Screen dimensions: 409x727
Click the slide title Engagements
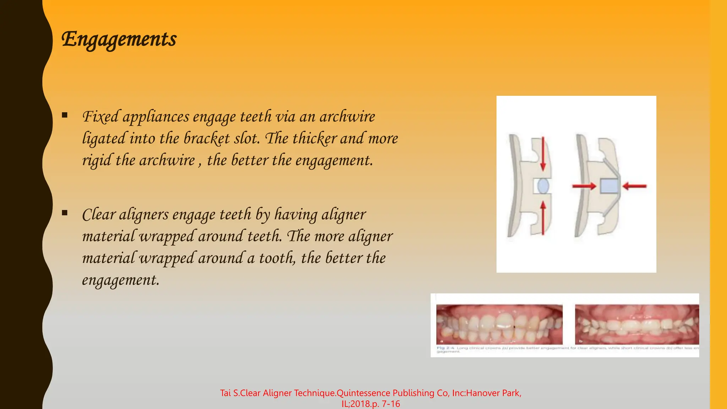119,39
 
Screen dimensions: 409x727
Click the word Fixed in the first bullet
100,117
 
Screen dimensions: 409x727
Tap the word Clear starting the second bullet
99,215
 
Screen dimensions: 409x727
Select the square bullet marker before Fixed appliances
65,115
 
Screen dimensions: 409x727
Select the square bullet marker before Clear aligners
65,213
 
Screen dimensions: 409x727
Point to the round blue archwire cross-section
543,186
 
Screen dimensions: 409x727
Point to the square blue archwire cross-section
610,186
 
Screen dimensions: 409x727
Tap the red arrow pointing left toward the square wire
635,186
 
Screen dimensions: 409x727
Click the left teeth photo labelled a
499,324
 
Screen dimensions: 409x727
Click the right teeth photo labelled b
637,324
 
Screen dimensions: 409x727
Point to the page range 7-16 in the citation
391,404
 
